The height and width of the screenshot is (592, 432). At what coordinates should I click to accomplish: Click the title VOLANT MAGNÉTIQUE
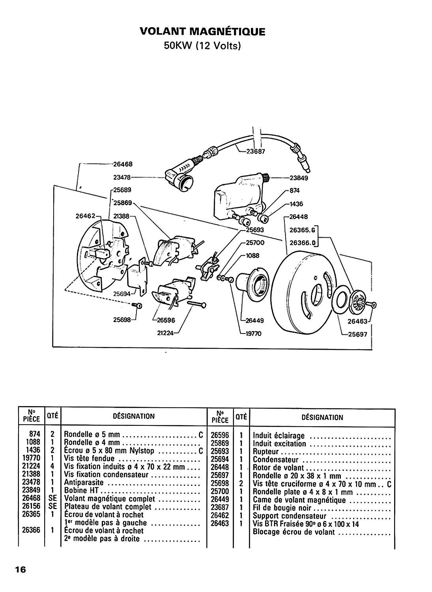click(x=202, y=32)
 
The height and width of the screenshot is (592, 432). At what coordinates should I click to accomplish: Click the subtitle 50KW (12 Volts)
click(x=202, y=46)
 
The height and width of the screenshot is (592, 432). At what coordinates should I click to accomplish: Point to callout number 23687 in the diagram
click(x=256, y=152)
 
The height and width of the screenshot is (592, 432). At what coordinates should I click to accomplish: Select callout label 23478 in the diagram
click(x=122, y=177)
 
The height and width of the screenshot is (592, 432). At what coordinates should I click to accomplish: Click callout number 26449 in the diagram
click(x=255, y=320)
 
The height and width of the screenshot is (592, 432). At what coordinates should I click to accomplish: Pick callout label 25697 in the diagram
click(x=357, y=334)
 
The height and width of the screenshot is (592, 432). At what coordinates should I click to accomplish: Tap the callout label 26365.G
click(x=303, y=230)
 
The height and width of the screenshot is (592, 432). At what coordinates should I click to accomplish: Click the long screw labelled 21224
click(x=196, y=304)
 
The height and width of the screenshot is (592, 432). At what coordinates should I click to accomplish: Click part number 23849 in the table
click(x=31, y=490)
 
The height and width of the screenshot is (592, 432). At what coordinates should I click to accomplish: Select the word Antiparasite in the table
click(x=84, y=482)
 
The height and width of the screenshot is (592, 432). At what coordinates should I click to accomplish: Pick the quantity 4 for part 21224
click(x=52, y=466)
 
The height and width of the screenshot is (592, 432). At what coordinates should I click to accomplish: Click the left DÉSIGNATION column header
click(x=134, y=416)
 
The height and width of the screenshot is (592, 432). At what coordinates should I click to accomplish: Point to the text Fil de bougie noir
click(x=282, y=508)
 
